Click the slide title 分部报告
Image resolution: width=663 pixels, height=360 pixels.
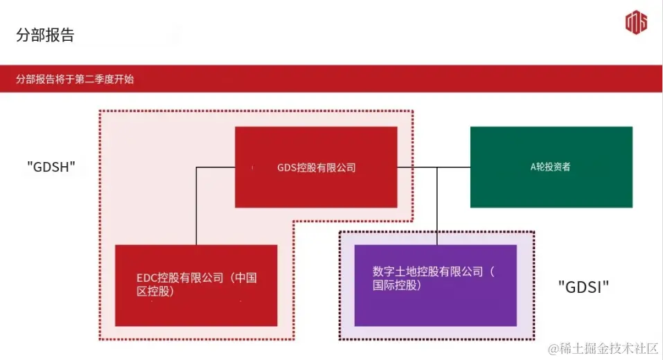coord(45,35)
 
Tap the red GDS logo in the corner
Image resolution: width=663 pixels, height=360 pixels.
coord(635,23)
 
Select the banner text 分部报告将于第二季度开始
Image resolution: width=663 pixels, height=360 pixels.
coord(76,80)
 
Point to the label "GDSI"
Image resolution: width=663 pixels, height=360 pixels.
coord(583,287)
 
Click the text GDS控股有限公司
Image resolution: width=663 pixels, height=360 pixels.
coord(316,168)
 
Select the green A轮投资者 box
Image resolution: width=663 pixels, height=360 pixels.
coord(551,167)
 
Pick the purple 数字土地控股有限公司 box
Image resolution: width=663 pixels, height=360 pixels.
coord(435,285)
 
